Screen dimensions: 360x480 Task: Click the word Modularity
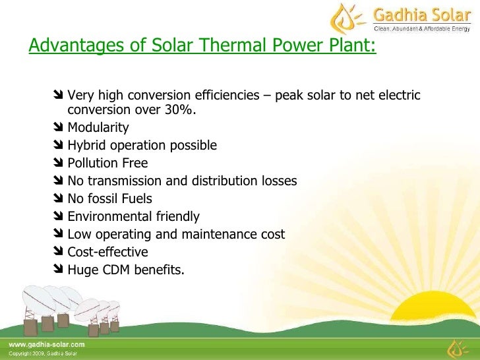click(98, 128)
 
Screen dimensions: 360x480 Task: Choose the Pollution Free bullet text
click(107, 163)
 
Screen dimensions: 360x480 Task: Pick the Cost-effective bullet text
click(107, 252)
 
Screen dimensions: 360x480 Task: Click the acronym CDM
click(112, 270)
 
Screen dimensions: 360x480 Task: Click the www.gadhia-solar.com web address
click(46, 344)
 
